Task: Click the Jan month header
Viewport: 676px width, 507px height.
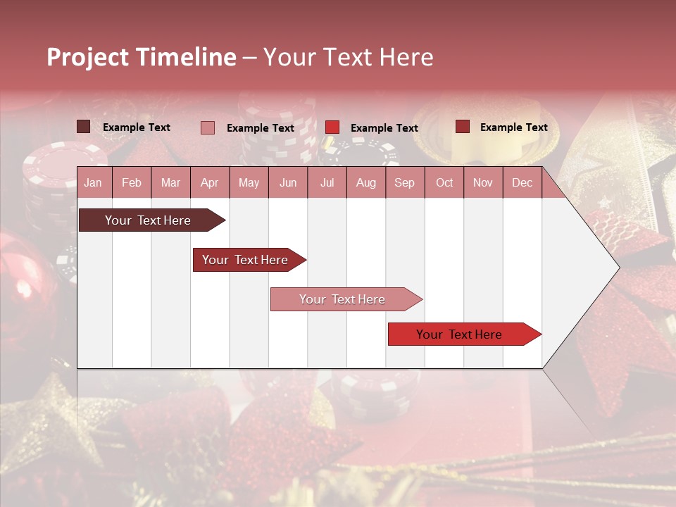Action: pyautogui.click(x=93, y=182)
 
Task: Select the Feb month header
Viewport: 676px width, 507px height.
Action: pyautogui.click(x=132, y=182)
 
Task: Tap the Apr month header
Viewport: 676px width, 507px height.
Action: pyautogui.click(x=209, y=182)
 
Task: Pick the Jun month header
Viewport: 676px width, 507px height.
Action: pyautogui.click(x=288, y=182)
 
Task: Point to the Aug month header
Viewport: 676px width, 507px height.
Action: pyautogui.click(x=365, y=182)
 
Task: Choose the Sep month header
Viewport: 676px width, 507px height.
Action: pyautogui.click(x=404, y=182)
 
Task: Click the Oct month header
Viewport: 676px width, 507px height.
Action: pyautogui.click(x=444, y=182)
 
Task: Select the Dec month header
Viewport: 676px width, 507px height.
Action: pyautogui.click(x=522, y=182)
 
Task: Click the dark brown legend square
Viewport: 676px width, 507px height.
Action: pyautogui.click(x=83, y=127)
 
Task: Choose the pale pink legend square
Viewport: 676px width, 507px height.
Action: pyautogui.click(x=208, y=127)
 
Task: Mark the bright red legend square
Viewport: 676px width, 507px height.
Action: pyautogui.click(x=332, y=127)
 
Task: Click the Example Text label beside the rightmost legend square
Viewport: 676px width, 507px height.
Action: pyautogui.click(x=513, y=127)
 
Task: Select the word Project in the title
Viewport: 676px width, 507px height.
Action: pyautogui.click(x=87, y=57)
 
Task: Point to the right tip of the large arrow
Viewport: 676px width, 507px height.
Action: pyautogui.click(x=618, y=268)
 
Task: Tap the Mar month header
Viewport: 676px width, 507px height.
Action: pyautogui.click(x=170, y=182)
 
